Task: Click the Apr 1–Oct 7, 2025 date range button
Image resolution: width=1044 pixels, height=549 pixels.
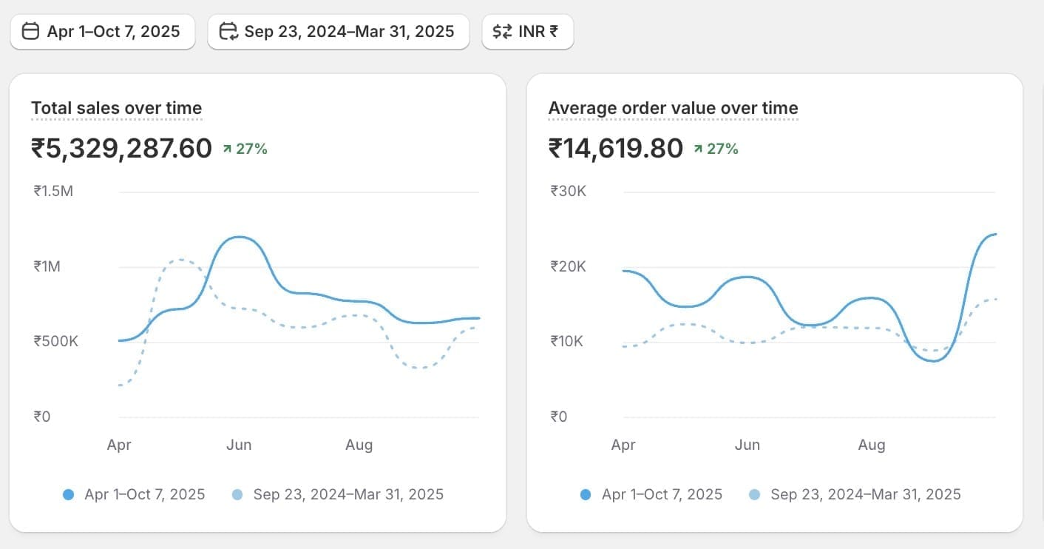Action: pyautogui.click(x=103, y=32)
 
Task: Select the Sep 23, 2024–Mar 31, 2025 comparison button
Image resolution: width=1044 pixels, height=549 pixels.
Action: pyautogui.click(x=339, y=32)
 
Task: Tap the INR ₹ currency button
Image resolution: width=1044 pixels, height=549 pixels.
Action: pyautogui.click(x=527, y=32)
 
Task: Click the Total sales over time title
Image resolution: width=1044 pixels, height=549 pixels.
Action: pyautogui.click(x=116, y=109)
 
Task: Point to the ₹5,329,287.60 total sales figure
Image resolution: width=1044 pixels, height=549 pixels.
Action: pyautogui.click(x=121, y=149)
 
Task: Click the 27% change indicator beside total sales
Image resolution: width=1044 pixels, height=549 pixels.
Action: pyautogui.click(x=245, y=149)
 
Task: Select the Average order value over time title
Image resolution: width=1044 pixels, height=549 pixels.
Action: pyautogui.click(x=673, y=109)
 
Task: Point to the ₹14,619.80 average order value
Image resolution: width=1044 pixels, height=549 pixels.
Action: pyautogui.click(x=615, y=149)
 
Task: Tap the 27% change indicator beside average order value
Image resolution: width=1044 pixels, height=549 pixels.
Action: pyautogui.click(x=716, y=149)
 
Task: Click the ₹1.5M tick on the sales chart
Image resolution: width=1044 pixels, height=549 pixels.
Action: pyautogui.click(x=53, y=192)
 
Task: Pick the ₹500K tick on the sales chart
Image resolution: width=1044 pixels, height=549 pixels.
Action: pyautogui.click(x=55, y=342)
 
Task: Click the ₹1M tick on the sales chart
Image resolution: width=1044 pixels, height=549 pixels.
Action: pyautogui.click(x=47, y=266)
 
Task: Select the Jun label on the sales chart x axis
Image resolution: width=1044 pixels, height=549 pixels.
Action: pyautogui.click(x=239, y=445)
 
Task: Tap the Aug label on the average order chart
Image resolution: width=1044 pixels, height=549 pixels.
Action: pyautogui.click(x=871, y=445)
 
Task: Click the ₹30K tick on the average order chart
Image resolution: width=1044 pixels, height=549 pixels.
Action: pyautogui.click(x=568, y=192)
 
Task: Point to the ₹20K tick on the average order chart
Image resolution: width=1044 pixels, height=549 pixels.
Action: pyautogui.click(x=568, y=266)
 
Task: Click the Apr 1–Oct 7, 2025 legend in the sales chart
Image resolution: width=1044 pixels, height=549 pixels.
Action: pyautogui.click(x=144, y=494)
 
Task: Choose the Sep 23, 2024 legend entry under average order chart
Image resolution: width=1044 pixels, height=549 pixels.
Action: pyautogui.click(x=865, y=494)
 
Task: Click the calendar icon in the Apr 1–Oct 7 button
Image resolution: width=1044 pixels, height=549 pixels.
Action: pyautogui.click(x=30, y=32)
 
